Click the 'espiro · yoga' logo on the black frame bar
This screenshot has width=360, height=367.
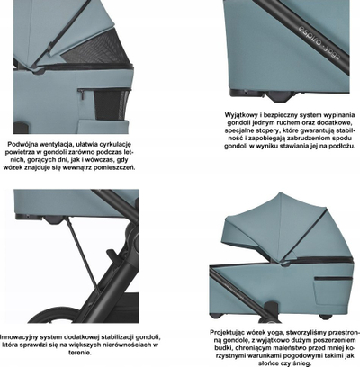(x=319, y=41)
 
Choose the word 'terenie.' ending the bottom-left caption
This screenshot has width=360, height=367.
(x=80, y=353)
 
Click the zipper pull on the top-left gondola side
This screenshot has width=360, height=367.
(x=83, y=95)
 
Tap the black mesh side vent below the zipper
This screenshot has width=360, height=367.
(x=112, y=104)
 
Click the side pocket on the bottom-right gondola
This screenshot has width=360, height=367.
(x=333, y=290)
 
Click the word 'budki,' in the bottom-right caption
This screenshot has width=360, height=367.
(x=223, y=348)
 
